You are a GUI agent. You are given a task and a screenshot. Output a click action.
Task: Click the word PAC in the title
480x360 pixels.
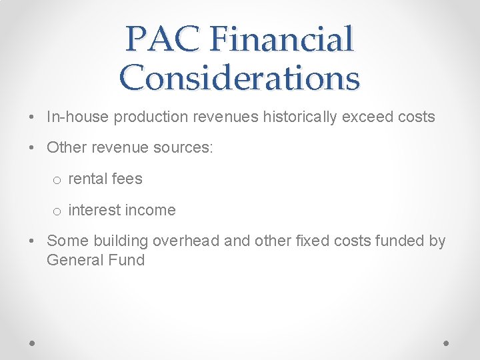click(x=162, y=39)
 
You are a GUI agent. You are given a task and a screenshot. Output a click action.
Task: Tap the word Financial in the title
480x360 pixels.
click(x=281, y=39)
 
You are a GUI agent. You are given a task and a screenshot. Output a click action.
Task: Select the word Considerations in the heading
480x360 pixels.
click(x=240, y=77)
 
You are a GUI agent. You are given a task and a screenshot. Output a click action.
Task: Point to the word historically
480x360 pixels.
click(x=299, y=117)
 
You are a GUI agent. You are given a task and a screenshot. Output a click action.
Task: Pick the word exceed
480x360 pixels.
click(x=366, y=117)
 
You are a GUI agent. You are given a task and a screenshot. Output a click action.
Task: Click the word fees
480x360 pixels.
click(x=127, y=179)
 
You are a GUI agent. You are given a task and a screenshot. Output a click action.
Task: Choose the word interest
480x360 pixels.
click(x=91, y=210)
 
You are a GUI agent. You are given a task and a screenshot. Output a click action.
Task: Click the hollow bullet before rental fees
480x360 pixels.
click(x=58, y=180)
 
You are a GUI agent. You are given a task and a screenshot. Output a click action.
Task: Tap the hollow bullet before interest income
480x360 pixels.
click(x=58, y=211)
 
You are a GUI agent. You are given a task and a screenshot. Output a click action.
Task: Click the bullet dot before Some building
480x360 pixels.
click(x=33, y=241)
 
